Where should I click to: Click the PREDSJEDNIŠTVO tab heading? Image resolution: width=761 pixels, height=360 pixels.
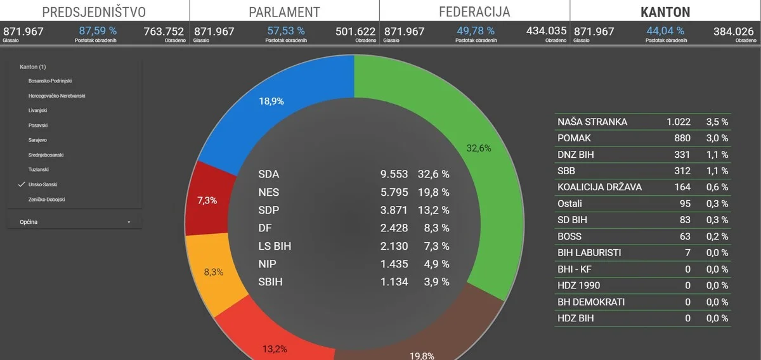94,12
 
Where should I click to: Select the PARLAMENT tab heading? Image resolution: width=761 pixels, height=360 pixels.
284,12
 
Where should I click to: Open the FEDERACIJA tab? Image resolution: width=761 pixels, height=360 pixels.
474,12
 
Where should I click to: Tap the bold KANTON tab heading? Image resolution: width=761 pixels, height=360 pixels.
665,12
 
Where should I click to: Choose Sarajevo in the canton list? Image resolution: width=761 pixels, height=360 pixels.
37,140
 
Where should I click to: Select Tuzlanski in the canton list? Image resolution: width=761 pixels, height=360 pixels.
39,170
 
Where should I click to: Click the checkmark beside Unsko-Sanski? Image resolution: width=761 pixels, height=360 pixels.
22,184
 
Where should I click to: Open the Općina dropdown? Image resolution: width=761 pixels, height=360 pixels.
75,222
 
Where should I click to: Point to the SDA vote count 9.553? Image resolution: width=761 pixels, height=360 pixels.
394,174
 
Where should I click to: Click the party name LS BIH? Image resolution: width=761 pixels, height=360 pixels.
275,246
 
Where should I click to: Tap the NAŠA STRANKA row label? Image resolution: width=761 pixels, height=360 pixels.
592,122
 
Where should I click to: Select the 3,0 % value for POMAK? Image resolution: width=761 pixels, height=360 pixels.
717,138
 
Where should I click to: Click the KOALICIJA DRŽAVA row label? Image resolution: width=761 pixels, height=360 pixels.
599,187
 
